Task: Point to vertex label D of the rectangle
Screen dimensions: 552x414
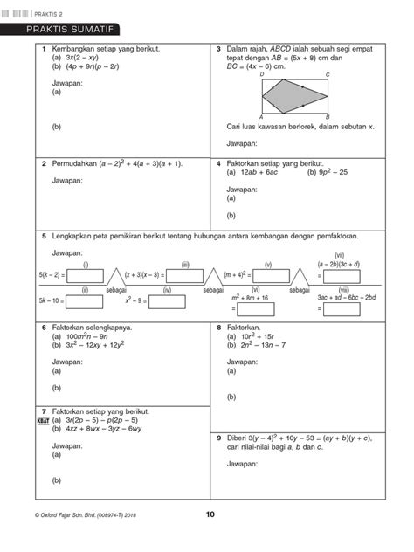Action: click(261, 76)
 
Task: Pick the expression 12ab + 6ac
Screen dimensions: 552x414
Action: click(259, 172)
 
